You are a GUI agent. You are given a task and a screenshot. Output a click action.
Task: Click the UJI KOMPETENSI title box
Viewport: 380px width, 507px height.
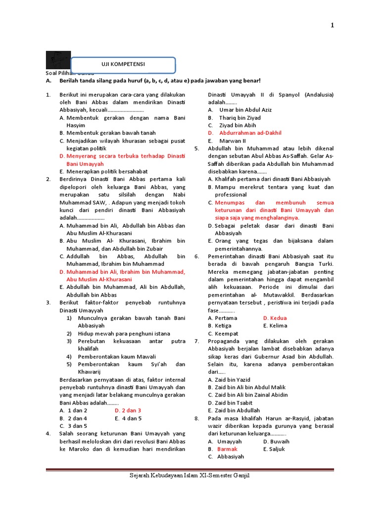123,64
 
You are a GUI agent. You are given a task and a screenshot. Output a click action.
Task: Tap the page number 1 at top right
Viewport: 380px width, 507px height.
332,26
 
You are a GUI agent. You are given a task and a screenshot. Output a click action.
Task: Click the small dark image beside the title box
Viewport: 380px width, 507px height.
58,60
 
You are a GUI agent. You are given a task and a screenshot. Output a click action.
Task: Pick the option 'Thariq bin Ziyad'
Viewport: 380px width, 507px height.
240,117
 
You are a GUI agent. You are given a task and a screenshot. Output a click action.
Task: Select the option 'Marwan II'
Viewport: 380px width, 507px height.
233,141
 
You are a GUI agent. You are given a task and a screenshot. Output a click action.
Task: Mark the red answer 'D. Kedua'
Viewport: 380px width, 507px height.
275,318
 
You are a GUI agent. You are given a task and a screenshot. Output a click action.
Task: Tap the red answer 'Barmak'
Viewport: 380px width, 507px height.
227,449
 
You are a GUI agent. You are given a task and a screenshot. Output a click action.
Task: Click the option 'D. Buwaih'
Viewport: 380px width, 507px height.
276,441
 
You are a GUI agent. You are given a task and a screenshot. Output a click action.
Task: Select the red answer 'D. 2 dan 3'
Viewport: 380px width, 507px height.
128,410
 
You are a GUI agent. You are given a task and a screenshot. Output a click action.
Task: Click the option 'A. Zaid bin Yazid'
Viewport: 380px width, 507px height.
229,379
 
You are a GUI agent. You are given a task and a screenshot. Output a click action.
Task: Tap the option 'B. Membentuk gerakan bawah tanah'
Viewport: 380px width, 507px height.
107,133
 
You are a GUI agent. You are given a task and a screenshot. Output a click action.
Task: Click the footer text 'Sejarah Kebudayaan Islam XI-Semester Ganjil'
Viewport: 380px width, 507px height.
190,475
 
